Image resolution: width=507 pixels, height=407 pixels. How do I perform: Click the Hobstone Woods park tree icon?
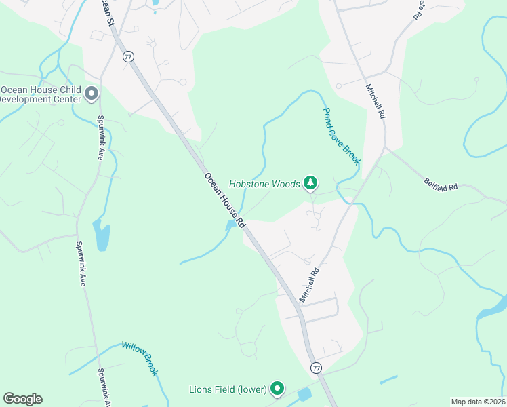310,182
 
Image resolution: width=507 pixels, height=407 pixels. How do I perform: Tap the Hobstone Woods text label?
264,183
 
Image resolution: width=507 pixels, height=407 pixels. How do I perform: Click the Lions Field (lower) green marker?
277,388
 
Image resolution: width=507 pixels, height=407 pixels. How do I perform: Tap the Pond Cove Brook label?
341,136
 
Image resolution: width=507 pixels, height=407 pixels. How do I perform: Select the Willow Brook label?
140,358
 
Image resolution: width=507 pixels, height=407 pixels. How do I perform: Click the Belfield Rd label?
441,182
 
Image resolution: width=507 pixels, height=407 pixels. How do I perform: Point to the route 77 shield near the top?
128,56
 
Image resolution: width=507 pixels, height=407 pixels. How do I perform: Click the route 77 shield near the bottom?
316,367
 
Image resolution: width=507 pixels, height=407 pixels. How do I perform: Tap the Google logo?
22,398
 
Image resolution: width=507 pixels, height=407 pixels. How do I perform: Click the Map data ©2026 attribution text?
478,402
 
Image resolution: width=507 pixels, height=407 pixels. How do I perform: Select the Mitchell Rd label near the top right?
375,102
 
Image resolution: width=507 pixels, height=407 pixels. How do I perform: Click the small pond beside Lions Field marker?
304,393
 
